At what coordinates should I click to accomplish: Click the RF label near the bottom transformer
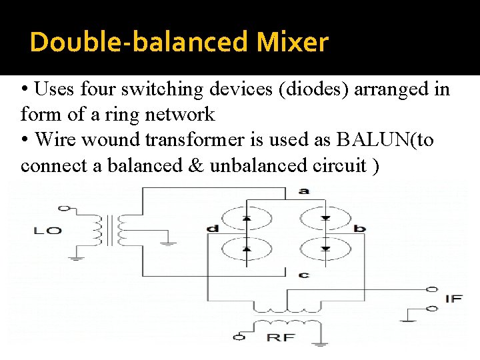(281, 337)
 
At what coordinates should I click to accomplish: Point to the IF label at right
(453, 299)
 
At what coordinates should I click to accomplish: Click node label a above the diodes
(304, 191)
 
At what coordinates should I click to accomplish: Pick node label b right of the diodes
(360, 229)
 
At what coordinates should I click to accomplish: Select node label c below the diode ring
(304, 274)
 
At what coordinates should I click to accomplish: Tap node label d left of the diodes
(213, 229)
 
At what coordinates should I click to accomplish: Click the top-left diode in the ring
(247, 218)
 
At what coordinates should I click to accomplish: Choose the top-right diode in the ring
(325, 218)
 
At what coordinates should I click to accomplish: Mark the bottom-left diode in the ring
(247, 248)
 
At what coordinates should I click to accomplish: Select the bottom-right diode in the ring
(325, 248)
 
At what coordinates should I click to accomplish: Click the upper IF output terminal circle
(431, 290)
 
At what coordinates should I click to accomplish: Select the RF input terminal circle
(239, 337)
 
